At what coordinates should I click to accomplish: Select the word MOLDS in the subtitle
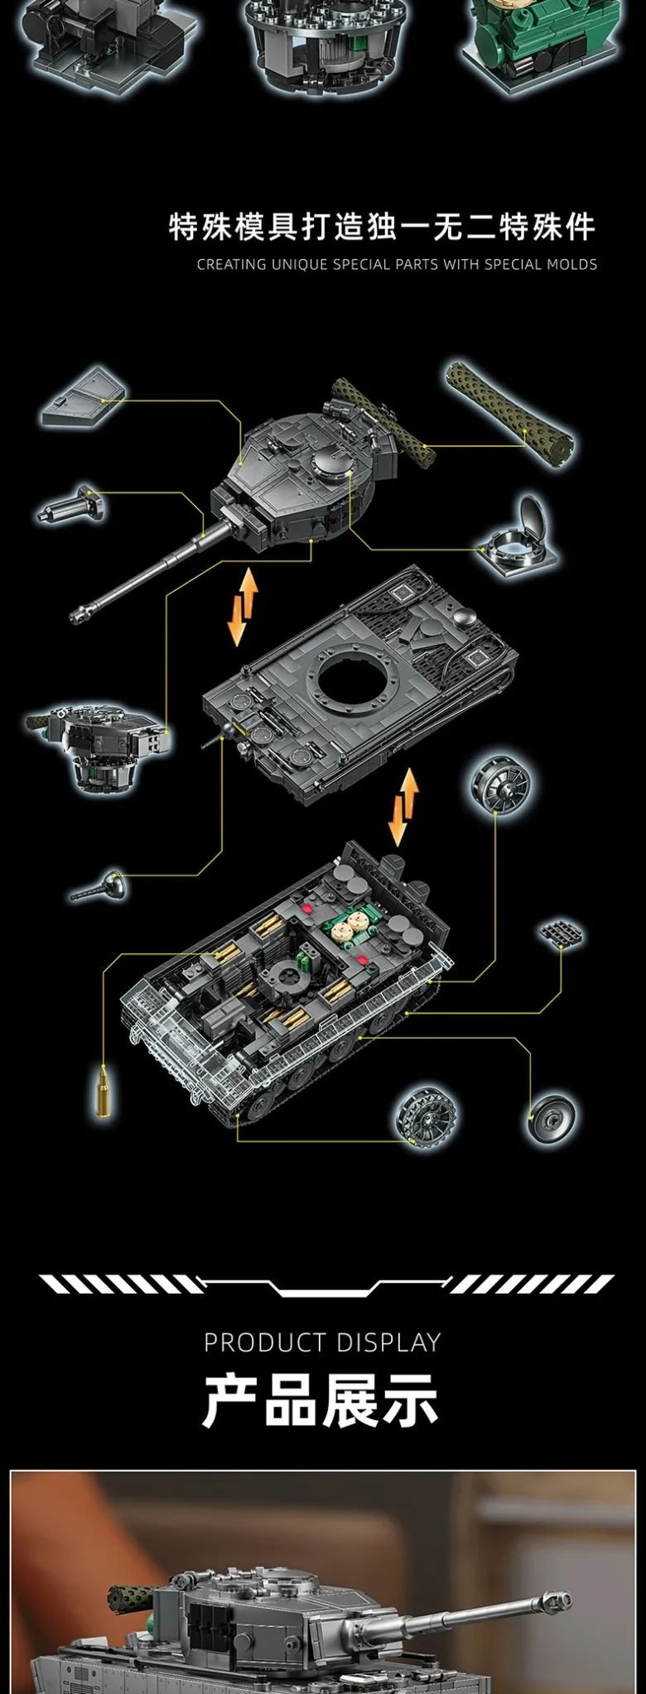point(571,265)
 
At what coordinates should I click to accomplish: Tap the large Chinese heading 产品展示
point(321,1400)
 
